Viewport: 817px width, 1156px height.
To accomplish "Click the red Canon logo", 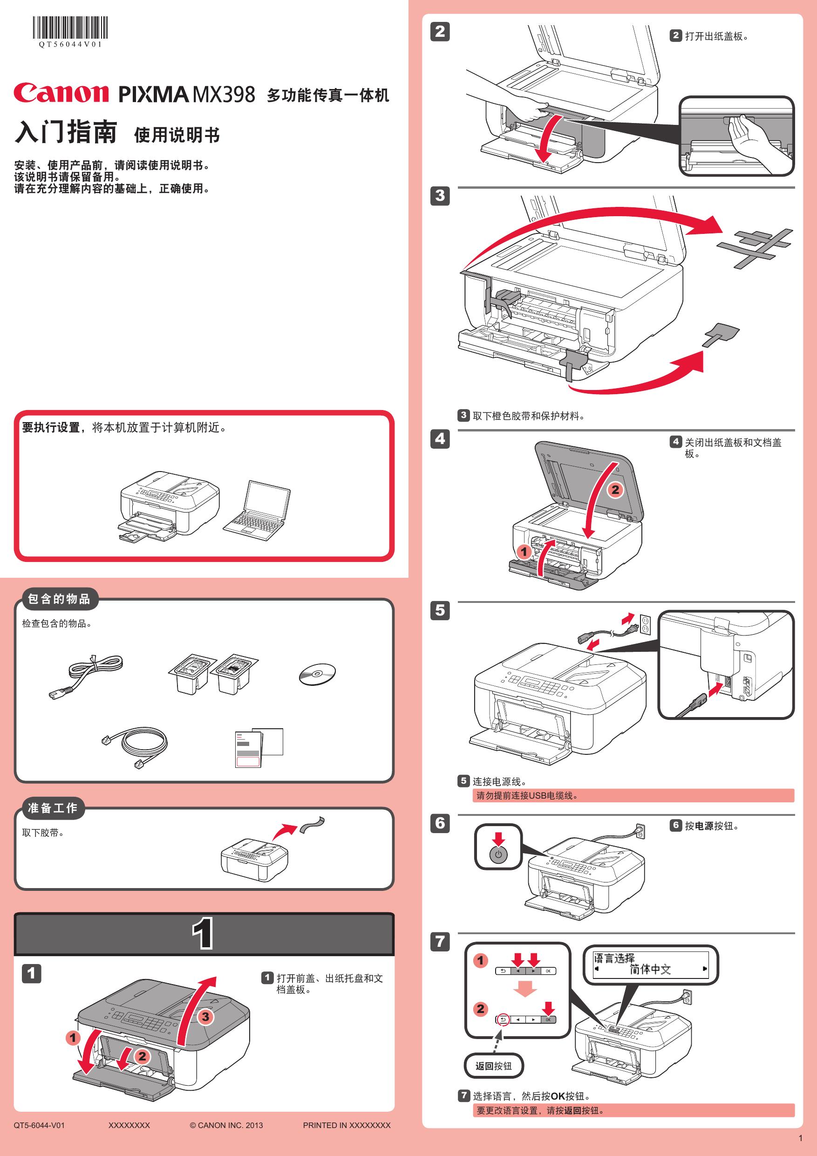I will (61, 93).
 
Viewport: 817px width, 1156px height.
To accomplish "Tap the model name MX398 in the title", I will (224, 95).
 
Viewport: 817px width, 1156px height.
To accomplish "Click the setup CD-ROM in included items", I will (317, 674).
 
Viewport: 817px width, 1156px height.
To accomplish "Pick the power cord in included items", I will (86, 676).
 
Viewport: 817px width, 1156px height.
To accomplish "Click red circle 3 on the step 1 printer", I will (205, 1017).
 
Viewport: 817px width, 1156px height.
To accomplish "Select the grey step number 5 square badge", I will (440, 610).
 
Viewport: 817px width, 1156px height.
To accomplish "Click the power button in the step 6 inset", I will (498, 854).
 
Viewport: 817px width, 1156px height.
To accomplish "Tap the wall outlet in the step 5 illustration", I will (645, 624).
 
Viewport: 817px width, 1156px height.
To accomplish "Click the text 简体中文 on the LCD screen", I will (650, 969).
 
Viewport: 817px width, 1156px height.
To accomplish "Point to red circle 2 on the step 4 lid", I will (615, 489).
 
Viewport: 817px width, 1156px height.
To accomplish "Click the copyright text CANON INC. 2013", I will (226, 1125).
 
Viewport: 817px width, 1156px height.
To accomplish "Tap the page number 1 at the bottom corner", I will (800, 1138).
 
